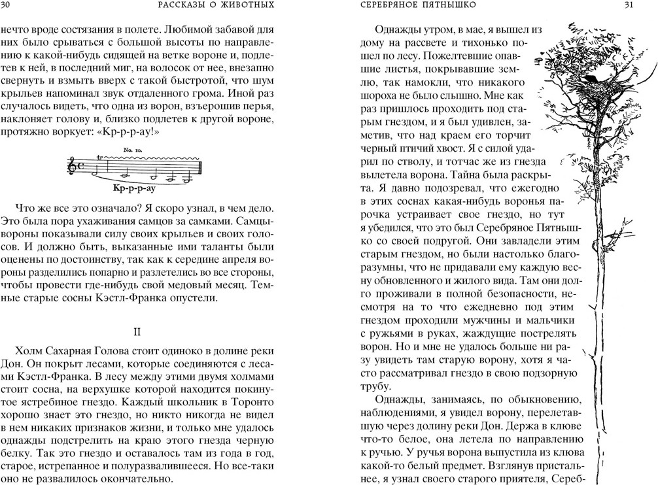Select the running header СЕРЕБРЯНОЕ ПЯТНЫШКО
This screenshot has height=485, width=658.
419,7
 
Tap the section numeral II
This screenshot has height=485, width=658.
137,332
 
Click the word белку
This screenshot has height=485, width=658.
18,451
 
